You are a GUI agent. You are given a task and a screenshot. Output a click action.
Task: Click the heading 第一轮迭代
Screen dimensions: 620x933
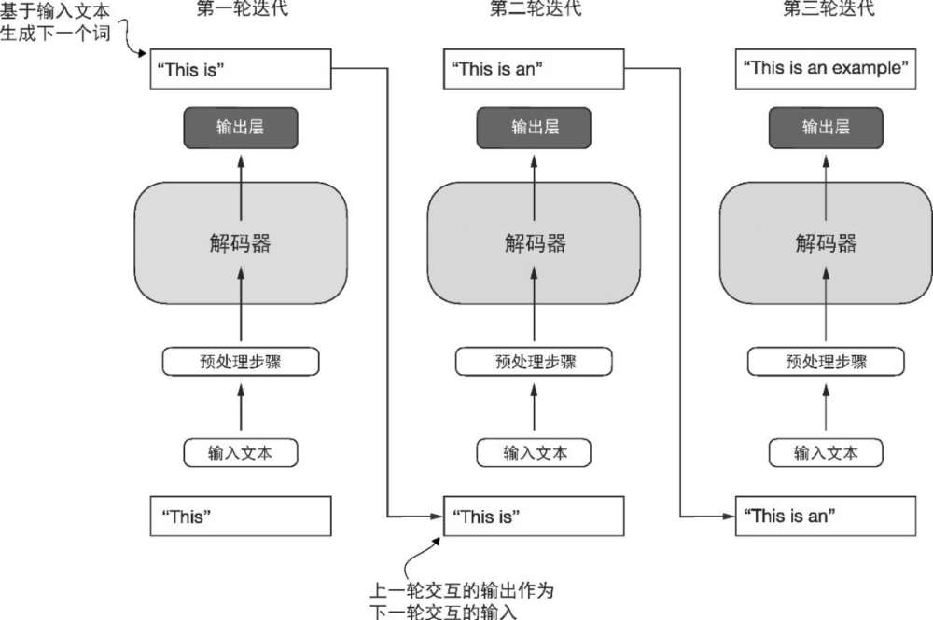(x=241, y=11)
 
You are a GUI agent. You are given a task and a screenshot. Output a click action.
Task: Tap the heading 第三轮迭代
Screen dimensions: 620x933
(x=827, y=11)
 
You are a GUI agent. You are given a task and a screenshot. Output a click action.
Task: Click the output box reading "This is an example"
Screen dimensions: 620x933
(x=826, y=69)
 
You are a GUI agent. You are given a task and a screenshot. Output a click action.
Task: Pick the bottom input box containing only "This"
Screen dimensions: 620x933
(x=241, y=517)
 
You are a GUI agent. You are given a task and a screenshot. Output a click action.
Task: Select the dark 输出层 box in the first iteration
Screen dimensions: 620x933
(x=241, y=128)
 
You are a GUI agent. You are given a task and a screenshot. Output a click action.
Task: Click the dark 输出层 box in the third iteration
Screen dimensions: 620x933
(x=826, y=128)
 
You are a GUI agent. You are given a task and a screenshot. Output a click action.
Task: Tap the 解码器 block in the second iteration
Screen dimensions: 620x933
(x=535, y=243)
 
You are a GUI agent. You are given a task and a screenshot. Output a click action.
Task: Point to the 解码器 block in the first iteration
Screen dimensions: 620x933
(x=241, y=243)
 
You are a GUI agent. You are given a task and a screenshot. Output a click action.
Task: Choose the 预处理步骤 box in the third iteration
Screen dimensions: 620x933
(x=826, y=362)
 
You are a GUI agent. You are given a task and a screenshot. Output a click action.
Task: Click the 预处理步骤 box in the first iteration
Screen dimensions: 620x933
(x=241, y=362)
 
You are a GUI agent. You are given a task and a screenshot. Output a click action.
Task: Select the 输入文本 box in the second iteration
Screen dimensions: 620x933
(x=535, y=453)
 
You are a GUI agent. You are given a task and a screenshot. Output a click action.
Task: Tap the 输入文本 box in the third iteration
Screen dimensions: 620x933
(x=826, y=453)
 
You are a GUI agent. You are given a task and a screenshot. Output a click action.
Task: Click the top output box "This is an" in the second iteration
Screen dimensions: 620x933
(x=535, y=69)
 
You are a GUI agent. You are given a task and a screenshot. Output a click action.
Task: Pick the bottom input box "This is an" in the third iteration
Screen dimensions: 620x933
(x=826, y=517)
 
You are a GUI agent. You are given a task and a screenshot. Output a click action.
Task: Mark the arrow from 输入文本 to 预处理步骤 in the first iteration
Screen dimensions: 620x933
(x=241, y=407)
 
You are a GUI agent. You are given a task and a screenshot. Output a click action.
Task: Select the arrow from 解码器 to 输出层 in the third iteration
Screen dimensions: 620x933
(x=826, y=165)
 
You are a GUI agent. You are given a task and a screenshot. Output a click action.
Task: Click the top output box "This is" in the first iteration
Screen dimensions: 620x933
(x=241, y=69)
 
